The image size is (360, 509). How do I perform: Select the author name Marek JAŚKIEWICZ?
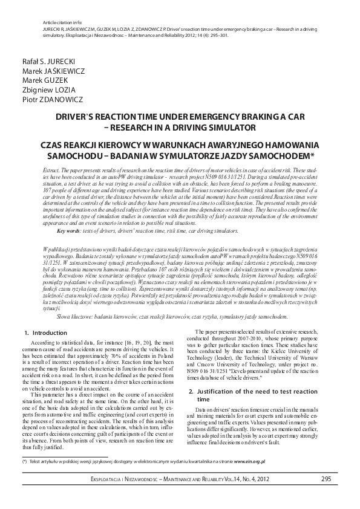click(x=53, y=71)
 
